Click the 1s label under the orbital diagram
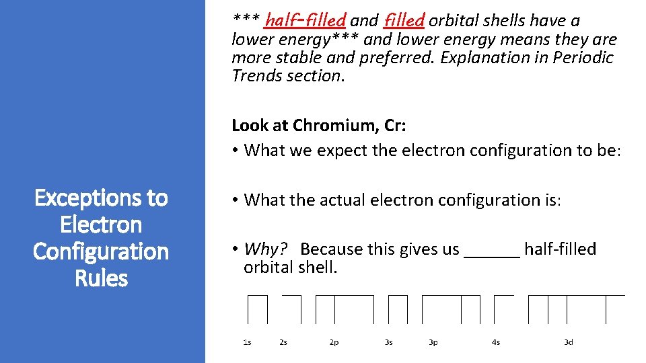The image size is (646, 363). pyautogui.click(x=247, y=343)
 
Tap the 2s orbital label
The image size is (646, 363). pyautogui.click(x=283, y=343)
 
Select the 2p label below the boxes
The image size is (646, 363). pyautogui.click(x=334, y=343)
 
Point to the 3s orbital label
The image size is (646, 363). pyautogui.click(x=389, y=343)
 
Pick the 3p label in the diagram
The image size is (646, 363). pyautogui.click(x=433, y=343)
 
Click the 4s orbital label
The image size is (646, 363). pyautogui.click(x=496, y=343)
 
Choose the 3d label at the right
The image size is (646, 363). pyautogui.click(x=569, y=343)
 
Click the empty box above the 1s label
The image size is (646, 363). pyautogui.click(x=258, y=310)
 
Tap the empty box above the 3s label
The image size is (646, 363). pyautogui.click(x=398, y=310)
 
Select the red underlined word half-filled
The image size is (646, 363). pyautogui.click(x=306, y=20)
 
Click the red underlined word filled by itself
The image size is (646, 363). pyautogui.click(x=403, y=20)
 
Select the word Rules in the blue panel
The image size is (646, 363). pyautogui.click(x=101, y=278)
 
